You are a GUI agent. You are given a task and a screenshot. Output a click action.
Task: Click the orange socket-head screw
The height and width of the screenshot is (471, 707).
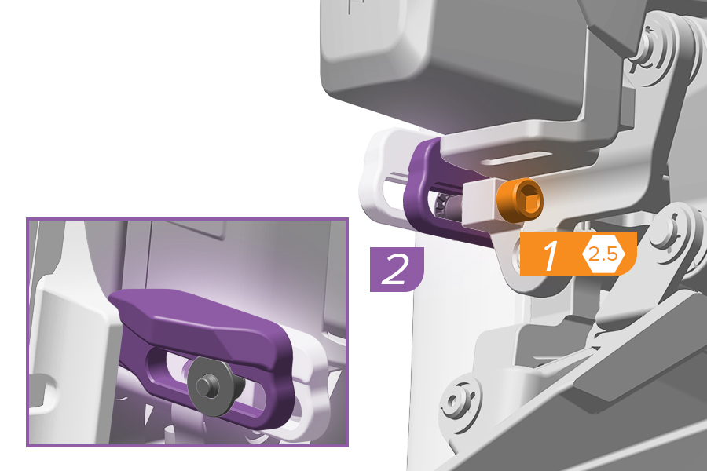(x=520, y=200)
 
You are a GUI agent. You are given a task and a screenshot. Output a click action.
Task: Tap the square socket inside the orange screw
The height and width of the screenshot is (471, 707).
(x=529, y=201)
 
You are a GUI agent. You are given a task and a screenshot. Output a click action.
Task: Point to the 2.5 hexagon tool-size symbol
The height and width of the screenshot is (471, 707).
(x=603, y=254)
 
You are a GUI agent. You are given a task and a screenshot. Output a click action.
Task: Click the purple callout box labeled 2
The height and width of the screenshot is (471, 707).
(x=397, y=269)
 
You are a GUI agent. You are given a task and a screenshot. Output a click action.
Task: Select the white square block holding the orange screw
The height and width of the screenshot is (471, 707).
(x=480, y=202)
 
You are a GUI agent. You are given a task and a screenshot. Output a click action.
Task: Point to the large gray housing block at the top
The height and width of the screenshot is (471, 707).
(x=456, y=59)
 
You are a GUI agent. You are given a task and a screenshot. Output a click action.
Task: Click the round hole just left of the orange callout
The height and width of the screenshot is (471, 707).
(x=517, y=256)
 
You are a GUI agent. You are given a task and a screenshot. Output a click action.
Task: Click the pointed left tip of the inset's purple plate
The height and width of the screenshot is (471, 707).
(x=110, y=297)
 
